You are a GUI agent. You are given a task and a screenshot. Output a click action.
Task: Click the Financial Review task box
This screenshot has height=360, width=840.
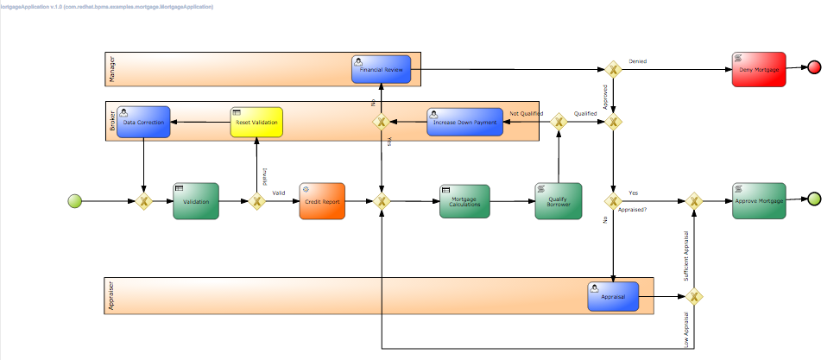click(x=381, y=69)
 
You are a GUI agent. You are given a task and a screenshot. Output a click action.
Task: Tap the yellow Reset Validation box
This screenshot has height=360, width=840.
click(x=256, y=123)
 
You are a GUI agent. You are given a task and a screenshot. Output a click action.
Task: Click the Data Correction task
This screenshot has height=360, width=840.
click(x=142, y=123)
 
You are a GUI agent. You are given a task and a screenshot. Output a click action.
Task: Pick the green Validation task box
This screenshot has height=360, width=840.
click(x=196, y=201)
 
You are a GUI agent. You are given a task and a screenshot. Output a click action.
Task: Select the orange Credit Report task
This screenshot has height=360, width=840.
click(x=322, y=201)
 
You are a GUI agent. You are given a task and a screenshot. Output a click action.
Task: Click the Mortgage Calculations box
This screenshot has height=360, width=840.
click(x=464, y=201)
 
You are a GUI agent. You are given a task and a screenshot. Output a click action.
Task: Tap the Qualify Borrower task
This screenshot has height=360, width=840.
click(x=558, y=201)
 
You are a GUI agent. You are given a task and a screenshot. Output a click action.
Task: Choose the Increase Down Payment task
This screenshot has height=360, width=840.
click(x=464, y=123)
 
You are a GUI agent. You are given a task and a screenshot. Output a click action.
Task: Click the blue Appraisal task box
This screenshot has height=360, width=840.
click(x=613, y=296)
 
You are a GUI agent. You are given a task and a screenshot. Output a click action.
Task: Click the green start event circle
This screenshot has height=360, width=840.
click(x=76, y=201)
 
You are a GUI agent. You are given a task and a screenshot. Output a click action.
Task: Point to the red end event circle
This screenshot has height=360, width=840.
click(x=814, y=68)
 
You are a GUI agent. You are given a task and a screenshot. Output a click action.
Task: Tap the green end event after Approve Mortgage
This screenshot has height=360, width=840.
click(x=814, y=199)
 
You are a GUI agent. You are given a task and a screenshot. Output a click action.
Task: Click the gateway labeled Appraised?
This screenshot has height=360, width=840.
click(x=613, y=201)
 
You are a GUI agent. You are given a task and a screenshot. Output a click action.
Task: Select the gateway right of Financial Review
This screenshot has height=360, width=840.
click(x=613, y=69)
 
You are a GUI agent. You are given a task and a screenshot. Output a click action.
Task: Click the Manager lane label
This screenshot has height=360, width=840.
click(x=112, y=69)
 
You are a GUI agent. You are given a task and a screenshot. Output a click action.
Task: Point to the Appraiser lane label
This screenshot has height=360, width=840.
click(x=111, y=296)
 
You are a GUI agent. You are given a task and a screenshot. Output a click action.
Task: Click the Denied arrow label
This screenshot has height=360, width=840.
click(x=638, y=61)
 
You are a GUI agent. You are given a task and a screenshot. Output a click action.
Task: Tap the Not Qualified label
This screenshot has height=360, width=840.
click(x=526, y=113)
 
